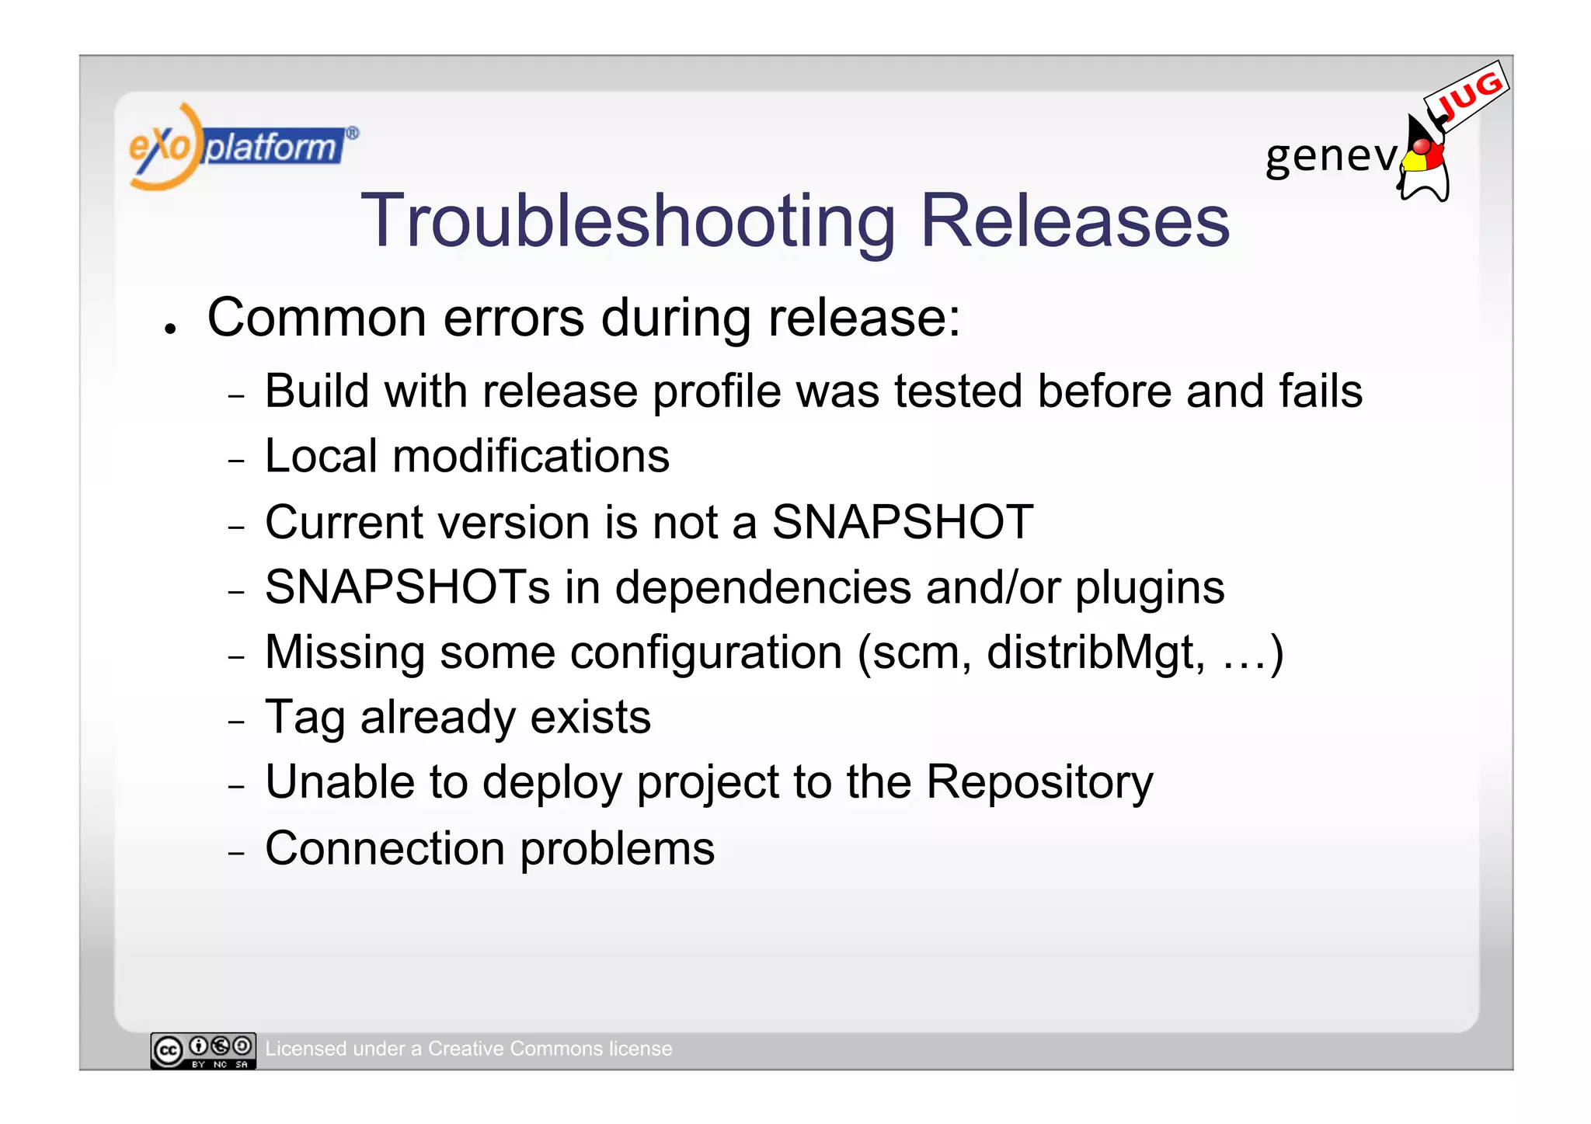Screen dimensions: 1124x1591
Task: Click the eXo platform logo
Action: (x=242, y=146)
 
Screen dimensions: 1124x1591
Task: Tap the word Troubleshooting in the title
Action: (x=628, y=222)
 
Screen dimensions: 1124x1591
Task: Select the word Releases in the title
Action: (x=1074, y=222)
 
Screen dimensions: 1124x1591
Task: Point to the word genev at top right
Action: (x=1331, y=156)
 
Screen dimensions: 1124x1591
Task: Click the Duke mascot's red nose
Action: (x=1421, y=146)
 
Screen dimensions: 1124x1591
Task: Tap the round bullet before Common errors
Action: (x=169, y=329)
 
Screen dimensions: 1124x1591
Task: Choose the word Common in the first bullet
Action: (x=317, y=318)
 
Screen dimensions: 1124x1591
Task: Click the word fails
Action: (x=1321, y=391)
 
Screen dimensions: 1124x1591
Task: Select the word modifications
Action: (x=531, y=456)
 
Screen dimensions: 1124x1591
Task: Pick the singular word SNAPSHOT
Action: (x=902, y=522)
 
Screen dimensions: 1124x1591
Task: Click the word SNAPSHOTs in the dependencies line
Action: (x=407, y=587)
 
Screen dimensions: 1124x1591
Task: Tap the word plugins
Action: (x=1150, y=589)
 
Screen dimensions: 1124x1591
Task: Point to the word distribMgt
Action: (x=1095, y=653)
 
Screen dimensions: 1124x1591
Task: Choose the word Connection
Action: (x=385, y=848)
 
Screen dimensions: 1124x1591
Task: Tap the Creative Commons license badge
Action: (x=203, y=1050)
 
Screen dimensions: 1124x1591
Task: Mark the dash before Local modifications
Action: (x=237, y=461)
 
